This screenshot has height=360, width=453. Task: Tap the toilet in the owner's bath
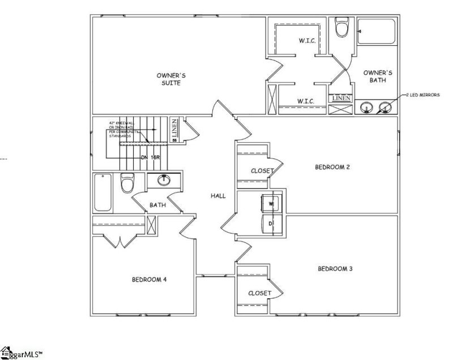(x=341, y=27)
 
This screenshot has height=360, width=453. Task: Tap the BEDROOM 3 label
(x=335, y=268)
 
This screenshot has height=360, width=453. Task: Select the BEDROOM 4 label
(x=148, y=279)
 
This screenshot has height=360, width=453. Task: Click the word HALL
(x=218, y=196)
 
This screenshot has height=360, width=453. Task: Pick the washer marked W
(x=270, y=203)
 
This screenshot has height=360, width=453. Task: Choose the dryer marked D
(x=270, y=222)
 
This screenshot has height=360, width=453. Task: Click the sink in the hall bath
(x=164, y=181)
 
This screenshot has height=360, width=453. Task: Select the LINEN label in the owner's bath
(x=341, y=98)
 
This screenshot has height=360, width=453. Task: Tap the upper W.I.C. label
(x=306, y=41)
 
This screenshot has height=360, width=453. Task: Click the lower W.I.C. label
(x=306, y=101)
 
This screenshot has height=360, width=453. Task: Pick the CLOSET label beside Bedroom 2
(x=262, y=171)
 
